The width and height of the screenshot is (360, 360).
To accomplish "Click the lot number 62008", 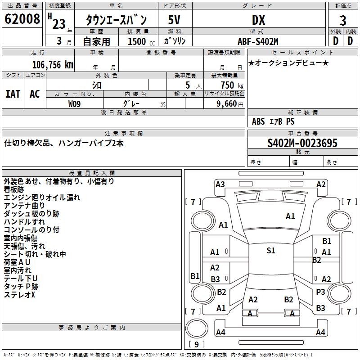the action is point(22,20).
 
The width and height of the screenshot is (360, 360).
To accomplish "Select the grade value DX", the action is point(258,20).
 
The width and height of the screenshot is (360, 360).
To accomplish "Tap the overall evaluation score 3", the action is point(343,21).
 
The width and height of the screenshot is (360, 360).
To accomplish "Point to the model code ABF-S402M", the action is point(258,41).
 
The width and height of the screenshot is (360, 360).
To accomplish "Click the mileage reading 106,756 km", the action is point(52,65).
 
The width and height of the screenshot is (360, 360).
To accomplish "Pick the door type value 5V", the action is point(175,20).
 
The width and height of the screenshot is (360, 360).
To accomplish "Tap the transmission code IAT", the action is point(13,94).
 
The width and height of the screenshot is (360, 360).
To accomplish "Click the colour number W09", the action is point(75,104).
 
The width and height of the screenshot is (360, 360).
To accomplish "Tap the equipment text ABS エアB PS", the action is point(274,121).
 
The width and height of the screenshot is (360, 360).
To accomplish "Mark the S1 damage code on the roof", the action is point(271,251).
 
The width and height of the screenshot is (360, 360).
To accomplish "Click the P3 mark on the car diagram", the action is point(320,292).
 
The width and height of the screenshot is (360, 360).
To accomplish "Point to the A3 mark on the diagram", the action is point(220,184).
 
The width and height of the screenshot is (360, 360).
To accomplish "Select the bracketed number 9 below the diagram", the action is point(197,344).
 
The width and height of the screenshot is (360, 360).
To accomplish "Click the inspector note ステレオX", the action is point(19,295).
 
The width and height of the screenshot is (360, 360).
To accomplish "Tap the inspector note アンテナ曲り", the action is point(25,206).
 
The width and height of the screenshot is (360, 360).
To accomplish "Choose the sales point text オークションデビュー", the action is point(288,63).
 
